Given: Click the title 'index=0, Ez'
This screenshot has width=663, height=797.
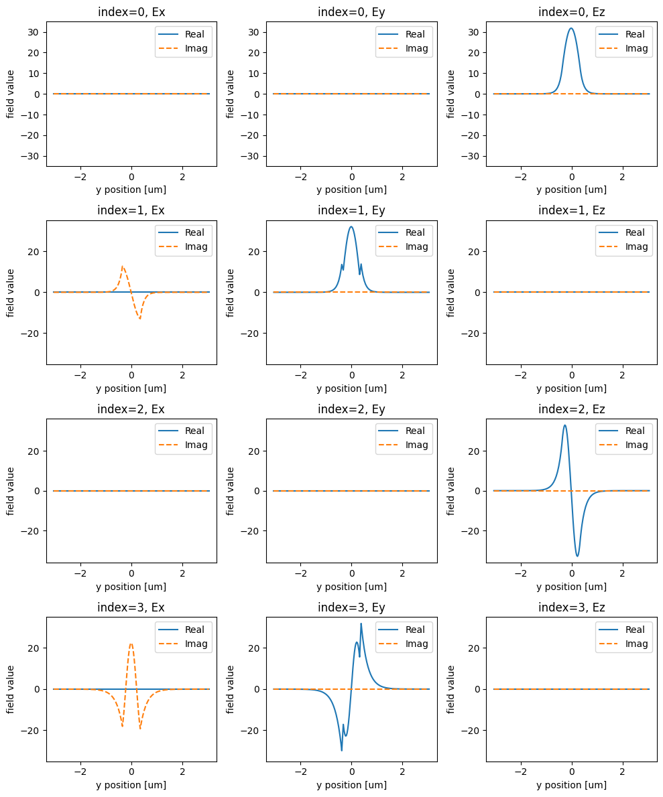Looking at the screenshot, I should pyautogui.click(x=571, y=11).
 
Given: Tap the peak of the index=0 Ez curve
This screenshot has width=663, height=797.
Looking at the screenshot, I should pyautogui.click(x=570, y=28).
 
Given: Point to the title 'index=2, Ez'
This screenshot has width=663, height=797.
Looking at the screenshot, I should pyautogui.click(x=571, y=409).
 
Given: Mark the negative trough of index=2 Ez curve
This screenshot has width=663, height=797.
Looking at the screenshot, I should pyautogui.click(x=578, y=556).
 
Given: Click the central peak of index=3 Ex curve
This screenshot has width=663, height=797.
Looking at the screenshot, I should pyautogui.click(x=131, y=644).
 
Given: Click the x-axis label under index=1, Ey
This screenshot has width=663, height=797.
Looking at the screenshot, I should pyautogui.click(x=351, y=388).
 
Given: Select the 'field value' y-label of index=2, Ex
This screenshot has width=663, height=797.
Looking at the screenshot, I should pyautogui.click(x=11, y=491).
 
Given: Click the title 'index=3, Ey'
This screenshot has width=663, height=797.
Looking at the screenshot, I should pyautogui.click(x=351, y=607).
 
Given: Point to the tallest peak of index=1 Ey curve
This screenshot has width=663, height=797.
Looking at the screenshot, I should pyautogui.click(x=351, y=226).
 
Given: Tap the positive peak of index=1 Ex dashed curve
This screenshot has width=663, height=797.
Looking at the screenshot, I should pyautogui.click(x=123, y=267).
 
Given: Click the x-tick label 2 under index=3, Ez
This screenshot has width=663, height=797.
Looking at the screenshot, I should pyautogui.click(x=622, y=772).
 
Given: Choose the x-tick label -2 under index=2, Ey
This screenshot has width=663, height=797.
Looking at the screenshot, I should pyautogui.click(x=301, y=573).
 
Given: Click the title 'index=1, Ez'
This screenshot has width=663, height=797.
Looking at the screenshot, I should pyautogui.click(x=571, y=210).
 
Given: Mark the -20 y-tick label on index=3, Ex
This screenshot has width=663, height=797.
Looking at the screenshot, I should pyautogui.click(x=34, y=730).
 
